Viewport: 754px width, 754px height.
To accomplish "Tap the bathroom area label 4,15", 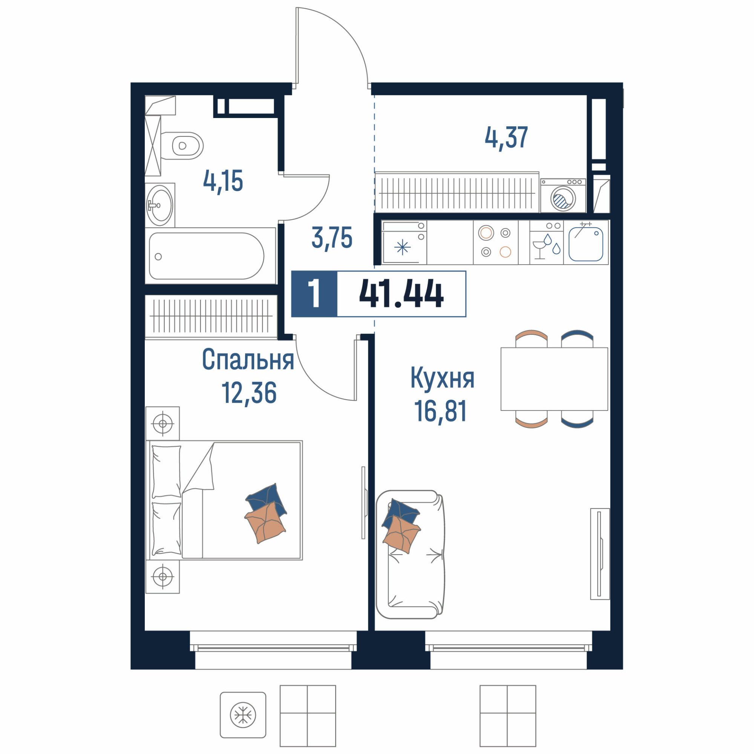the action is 223,181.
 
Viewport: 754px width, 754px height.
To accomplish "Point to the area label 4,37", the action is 506,137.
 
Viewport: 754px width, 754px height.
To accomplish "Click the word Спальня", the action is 248,360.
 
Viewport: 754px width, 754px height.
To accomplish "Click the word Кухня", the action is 442,378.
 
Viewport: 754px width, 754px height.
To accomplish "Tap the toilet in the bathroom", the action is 182,146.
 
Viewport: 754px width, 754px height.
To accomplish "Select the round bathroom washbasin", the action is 159,205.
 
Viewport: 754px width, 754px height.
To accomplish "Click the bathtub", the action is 210,256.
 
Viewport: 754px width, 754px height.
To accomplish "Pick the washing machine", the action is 563,196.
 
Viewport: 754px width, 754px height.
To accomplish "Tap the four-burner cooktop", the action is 496,242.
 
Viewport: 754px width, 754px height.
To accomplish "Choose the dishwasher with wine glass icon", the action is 546,242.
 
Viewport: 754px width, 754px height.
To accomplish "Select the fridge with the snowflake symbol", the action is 404,242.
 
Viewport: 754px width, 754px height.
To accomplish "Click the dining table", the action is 554,379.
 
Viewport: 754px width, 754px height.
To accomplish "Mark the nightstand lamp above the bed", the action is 163,423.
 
